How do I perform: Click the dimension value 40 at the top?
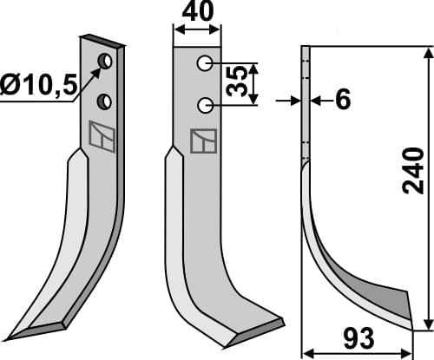coord(196,15)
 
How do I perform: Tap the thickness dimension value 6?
coord(343,101)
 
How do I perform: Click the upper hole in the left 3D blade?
coord(104,62)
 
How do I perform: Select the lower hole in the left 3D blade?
coord(104,101)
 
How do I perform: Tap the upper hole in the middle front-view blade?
coord(205,63)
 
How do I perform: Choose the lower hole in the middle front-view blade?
coord(205,105)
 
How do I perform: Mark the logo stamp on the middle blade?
coord(203,141)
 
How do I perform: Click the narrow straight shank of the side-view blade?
coord(305,104)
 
